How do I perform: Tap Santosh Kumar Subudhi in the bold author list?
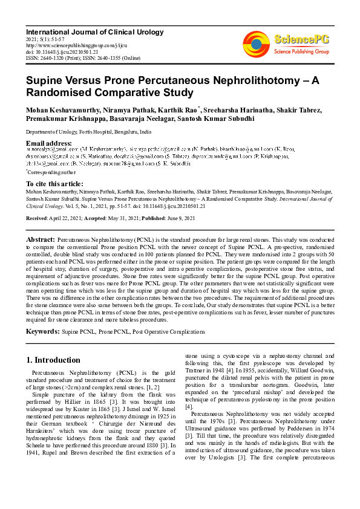coord(217,118)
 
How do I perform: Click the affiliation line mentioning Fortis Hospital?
coord(88,132)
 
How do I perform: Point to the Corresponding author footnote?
coord(50,172)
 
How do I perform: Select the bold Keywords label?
coord(42,332)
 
